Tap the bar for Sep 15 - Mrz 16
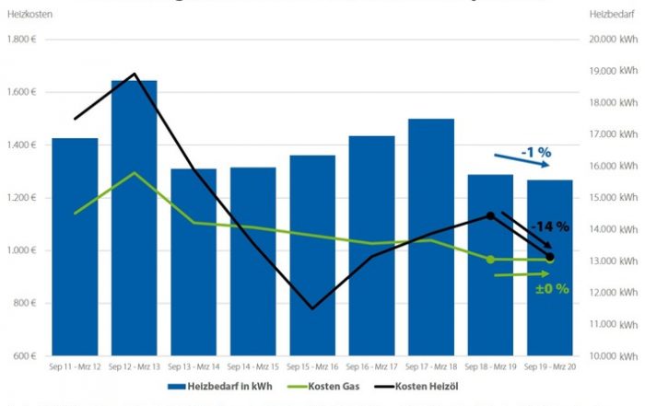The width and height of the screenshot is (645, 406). [x=312, y=267]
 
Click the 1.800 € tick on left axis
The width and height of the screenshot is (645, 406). [x=21, y=40]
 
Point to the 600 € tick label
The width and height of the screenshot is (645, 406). [x=24, y=356]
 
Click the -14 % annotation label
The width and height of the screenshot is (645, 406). [x=549, y=226]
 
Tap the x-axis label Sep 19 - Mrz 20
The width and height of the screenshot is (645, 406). [x=550, y=365]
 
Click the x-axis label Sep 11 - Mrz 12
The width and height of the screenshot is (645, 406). [x=75, y=365]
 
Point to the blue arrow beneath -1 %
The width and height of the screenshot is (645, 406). [x=522, y=159]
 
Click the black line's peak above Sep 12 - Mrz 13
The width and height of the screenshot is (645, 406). [x=135, y=74]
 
